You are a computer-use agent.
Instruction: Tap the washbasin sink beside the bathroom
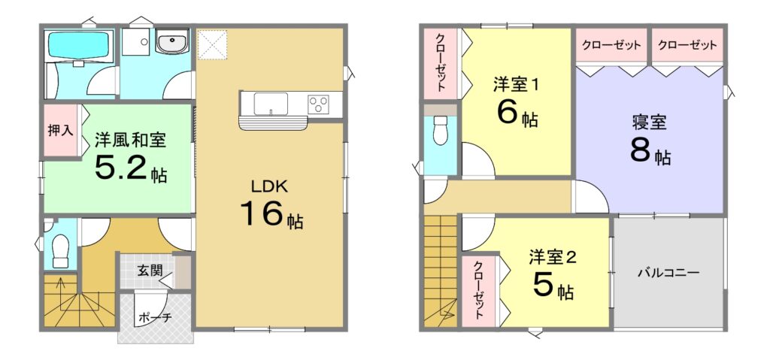tap(172, 41)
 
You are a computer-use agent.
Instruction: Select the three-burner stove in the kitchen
tap(318, 104)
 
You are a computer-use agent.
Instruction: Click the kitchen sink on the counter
tap(271, 104)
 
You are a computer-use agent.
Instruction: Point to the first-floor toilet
tap(60, 251)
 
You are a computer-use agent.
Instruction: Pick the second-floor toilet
tap(441, 130)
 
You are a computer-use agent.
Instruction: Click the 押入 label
tap(60, 131)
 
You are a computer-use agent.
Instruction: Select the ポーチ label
tap(153, 317)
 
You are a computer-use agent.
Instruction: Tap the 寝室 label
tap(649, 123)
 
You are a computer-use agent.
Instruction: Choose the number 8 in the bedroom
tap(641, 152)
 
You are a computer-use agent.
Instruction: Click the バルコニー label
tap(668, 273)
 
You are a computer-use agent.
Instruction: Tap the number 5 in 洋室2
tap(544, 287)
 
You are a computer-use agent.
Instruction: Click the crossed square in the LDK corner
tap(213, 45)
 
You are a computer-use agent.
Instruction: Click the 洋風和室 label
tap(131, 141)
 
